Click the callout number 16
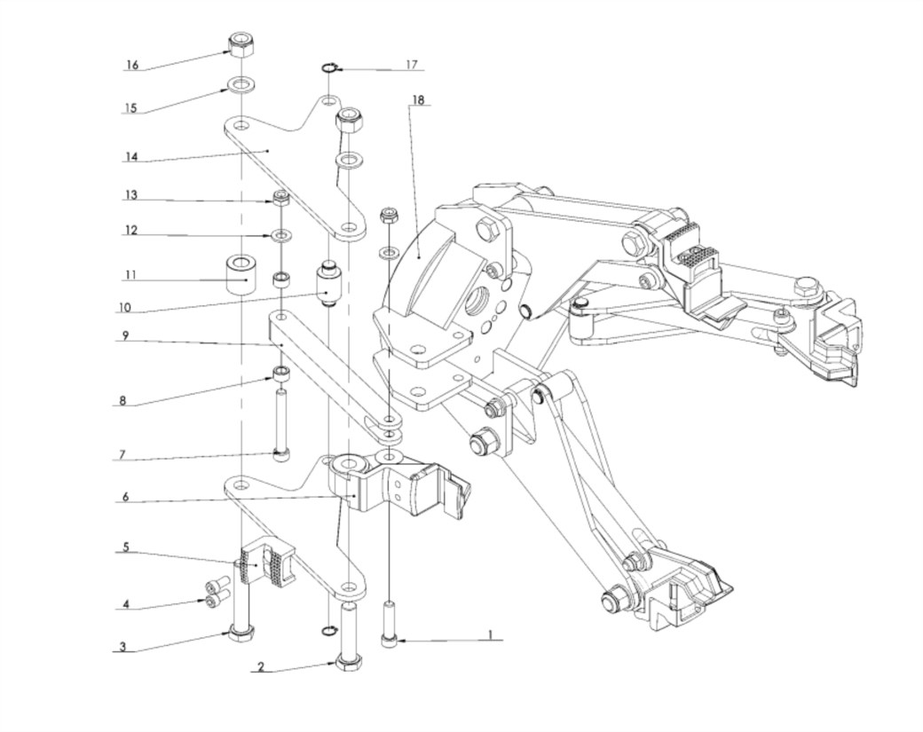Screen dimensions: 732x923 (132, 65)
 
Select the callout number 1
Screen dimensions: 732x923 (489, 635)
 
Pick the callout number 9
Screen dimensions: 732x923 (126, 336)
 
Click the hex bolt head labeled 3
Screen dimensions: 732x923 (241, 632)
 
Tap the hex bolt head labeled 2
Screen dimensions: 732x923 (347, 663)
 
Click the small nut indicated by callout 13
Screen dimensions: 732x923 (280, 198)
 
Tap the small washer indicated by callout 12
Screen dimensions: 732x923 (280, 236)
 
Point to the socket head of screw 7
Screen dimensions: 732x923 (281, 455)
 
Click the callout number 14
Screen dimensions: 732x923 (131, 157)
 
